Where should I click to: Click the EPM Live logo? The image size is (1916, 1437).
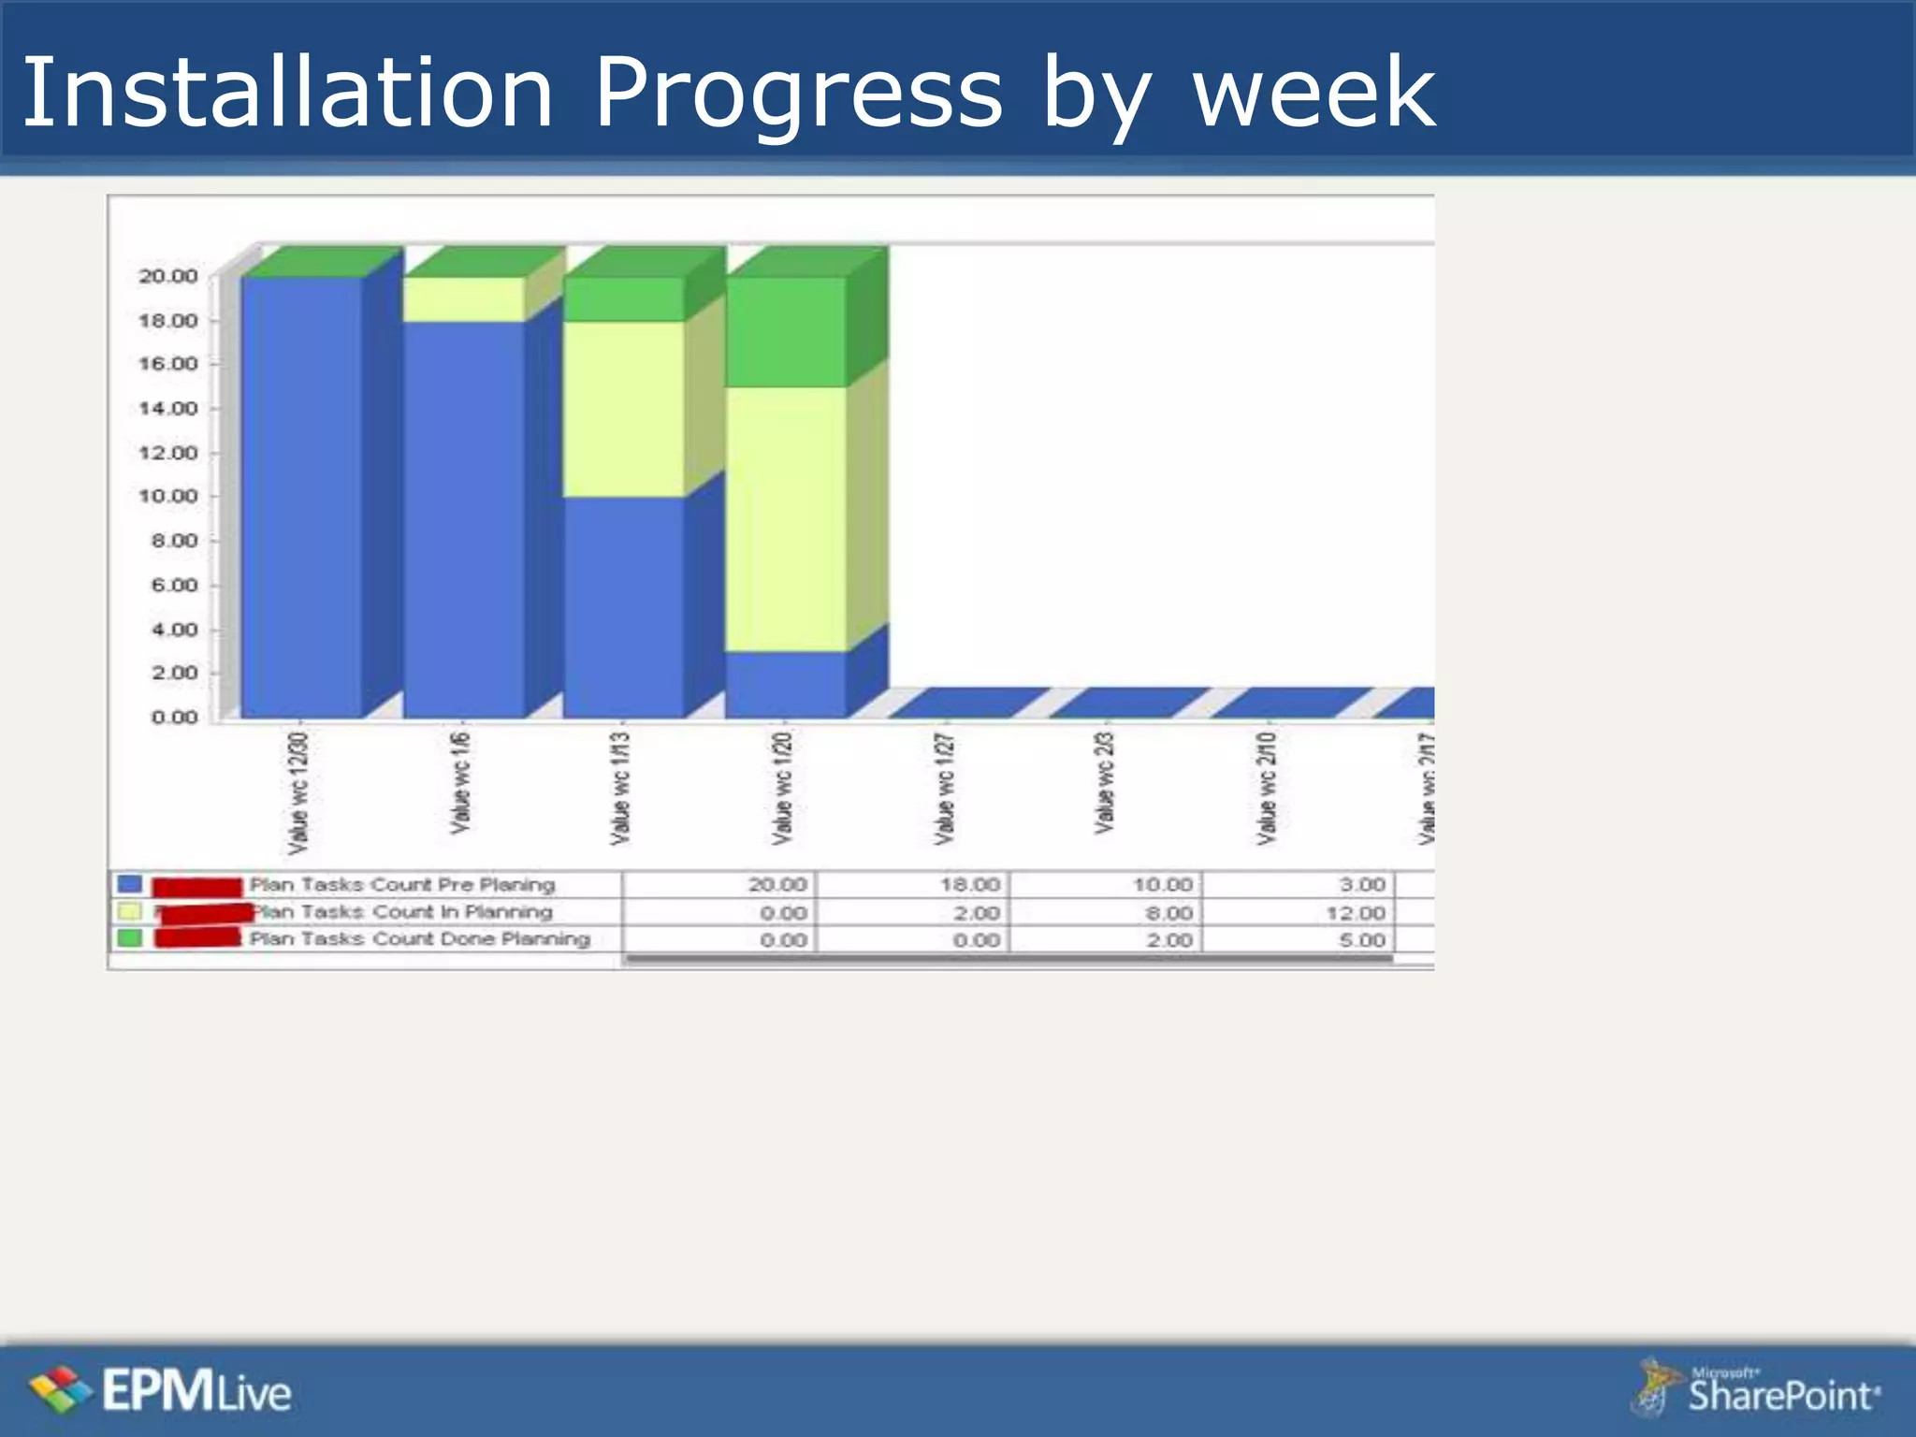(160, 1391)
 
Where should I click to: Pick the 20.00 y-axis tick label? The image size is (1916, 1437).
(168, 276)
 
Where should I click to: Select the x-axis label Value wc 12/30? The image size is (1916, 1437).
(298, 793)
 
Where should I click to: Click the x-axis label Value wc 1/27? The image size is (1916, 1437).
(945, 789)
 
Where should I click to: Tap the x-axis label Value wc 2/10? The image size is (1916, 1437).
(1267, 789)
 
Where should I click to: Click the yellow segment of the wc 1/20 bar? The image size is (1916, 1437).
(786, 519)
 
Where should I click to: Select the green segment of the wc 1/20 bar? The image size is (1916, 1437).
(786, 332)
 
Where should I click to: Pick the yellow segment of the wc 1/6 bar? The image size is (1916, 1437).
(464, 299)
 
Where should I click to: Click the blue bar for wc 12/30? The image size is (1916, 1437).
(301, 496)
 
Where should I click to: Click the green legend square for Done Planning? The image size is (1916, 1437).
(130, 937)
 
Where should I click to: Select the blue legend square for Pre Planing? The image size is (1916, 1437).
(130, 884)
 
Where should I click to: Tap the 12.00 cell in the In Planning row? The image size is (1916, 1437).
(1355, 912)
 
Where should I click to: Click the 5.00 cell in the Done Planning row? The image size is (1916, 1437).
(1361, 939)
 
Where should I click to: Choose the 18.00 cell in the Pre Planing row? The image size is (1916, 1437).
(969, 885)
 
